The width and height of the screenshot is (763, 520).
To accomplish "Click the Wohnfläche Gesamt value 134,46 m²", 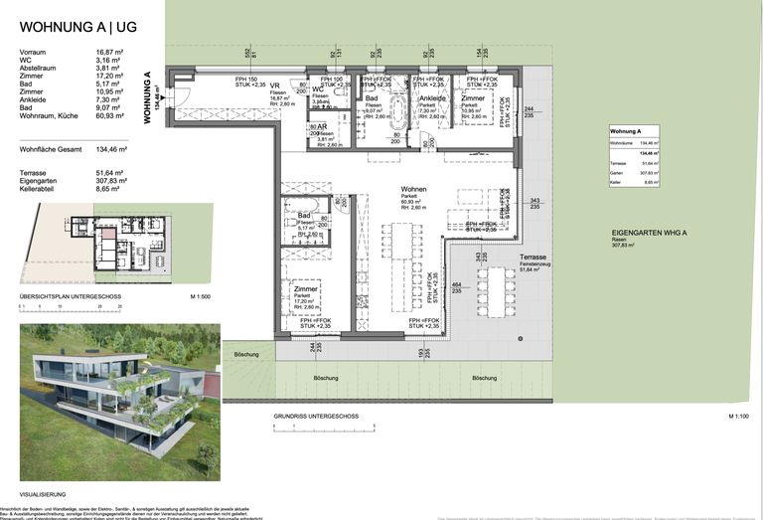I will point(110,149).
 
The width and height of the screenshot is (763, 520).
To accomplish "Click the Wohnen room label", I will point(413,189).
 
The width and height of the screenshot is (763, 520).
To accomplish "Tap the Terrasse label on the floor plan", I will point(533,257).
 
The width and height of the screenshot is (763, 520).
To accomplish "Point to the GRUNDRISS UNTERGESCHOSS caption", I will point(316,415).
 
